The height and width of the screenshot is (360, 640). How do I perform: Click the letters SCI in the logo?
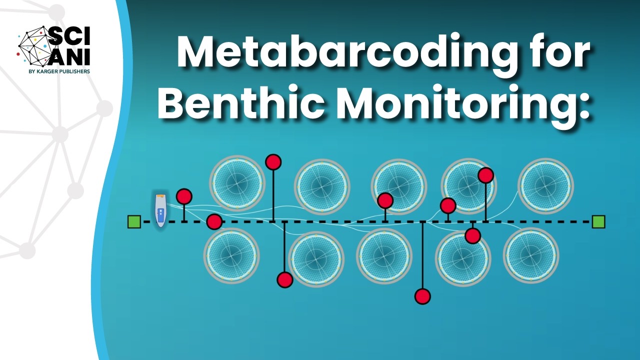coord(69,35)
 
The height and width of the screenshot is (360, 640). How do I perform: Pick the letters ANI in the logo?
coord(70,56)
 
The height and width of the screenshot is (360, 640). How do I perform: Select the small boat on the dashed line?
coord(160,210)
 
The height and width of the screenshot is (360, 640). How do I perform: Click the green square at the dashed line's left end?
coord(134,221)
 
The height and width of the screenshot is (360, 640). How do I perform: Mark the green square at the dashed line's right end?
coord(598,221)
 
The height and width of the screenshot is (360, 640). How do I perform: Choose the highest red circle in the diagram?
coord(273,162)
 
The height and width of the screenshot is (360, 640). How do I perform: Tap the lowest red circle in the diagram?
coord(422,296)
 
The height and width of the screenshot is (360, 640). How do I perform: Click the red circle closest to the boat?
coord(184,196)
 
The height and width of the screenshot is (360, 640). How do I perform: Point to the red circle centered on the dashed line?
coord(214,221)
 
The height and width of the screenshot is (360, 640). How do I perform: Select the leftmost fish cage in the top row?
coord(237,183)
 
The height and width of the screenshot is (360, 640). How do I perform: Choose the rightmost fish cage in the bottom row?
coord(530,255)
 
